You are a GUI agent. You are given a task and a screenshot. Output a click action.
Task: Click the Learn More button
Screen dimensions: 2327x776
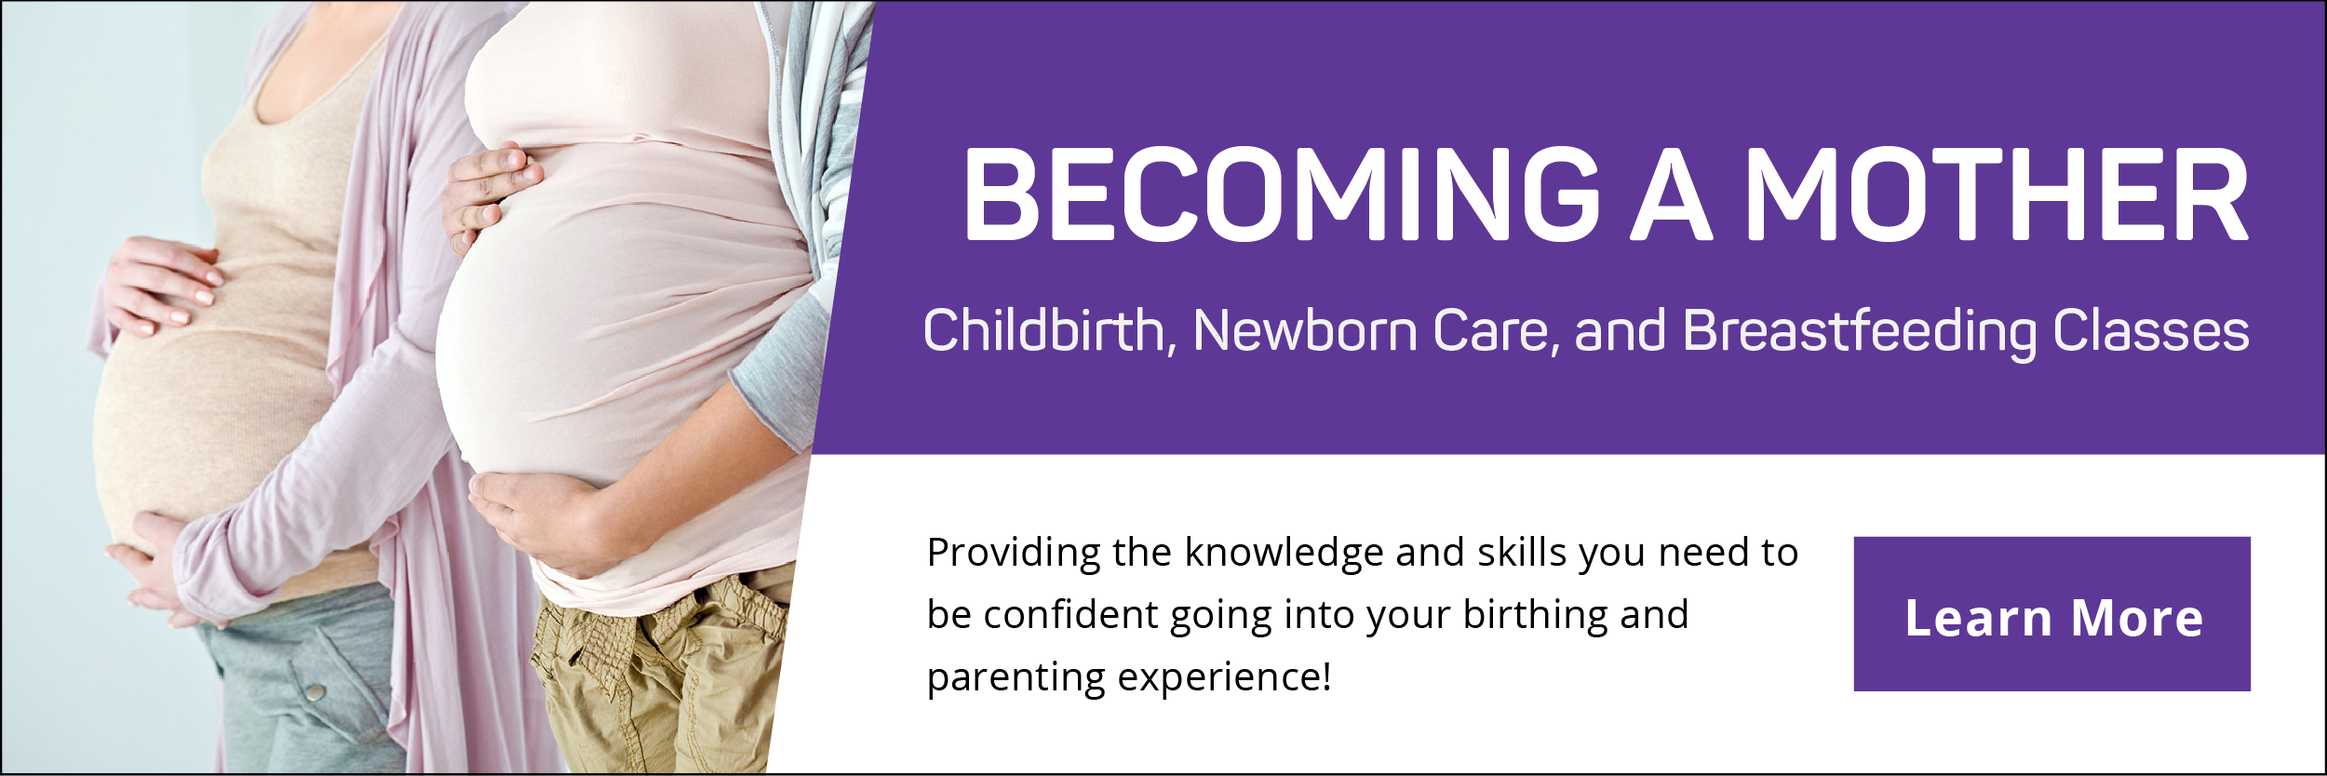2051,614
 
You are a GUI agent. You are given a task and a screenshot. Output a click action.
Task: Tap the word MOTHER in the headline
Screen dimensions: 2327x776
1997,194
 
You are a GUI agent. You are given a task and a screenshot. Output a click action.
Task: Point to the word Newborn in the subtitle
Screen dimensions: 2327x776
1305,330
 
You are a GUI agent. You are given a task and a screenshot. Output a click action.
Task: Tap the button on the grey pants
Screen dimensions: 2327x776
316,690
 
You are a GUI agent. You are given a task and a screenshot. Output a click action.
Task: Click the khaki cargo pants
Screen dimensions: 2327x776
656,679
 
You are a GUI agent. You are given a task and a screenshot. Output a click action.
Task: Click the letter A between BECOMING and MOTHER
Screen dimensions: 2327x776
1673,194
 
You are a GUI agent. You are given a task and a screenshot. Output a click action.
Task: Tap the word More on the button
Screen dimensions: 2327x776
2138,619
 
